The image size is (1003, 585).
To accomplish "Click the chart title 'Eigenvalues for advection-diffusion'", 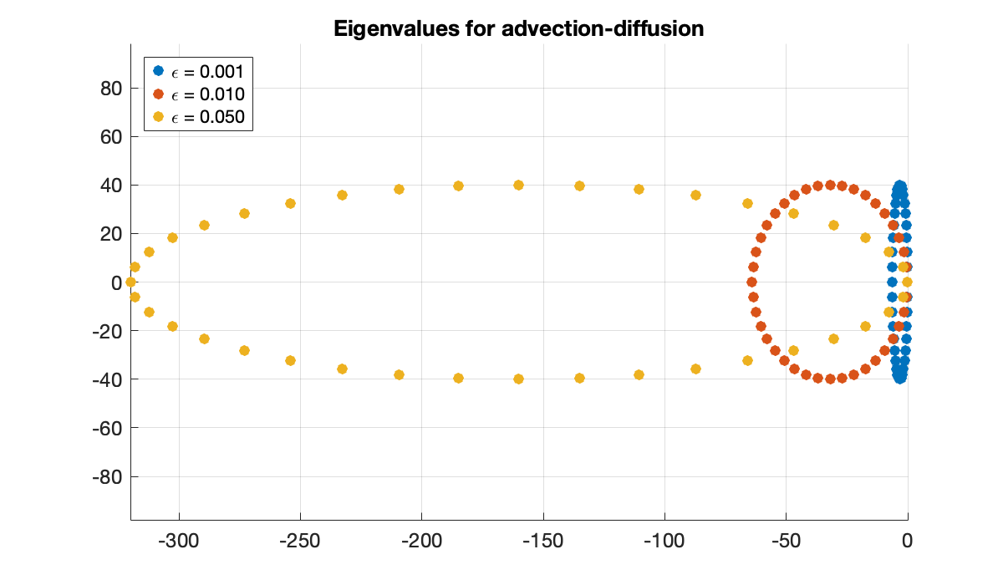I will tap(518, 28).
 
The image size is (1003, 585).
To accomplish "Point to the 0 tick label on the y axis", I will tap(118, 282).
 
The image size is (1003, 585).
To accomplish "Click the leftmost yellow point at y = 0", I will tap(130, 282).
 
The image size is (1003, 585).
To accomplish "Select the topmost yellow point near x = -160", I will tap(518, 185).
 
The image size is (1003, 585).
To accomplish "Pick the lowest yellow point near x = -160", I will tap(518, 379).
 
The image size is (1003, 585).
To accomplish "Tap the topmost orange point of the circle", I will tap(830, 186).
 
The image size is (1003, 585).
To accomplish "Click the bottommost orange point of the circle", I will tap(830, 379).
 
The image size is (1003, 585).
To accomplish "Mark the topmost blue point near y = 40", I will tap(900, 186).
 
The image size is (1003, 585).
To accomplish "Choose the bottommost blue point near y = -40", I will tap(900, 379).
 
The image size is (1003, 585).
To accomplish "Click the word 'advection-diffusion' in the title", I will tap(613, 28).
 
